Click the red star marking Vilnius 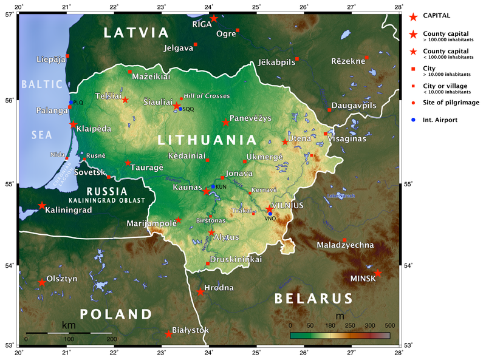point(269,209)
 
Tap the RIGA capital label point(202,24)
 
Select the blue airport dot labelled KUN point(213,186)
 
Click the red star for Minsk point(378,273)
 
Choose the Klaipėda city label point(94,129)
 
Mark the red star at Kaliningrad point(42,205)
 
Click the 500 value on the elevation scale point(390,326)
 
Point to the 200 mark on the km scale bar point(112,339)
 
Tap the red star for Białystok point(168,333)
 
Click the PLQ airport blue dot point(71,103)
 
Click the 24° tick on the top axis point(208,7)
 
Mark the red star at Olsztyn point(42,282)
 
